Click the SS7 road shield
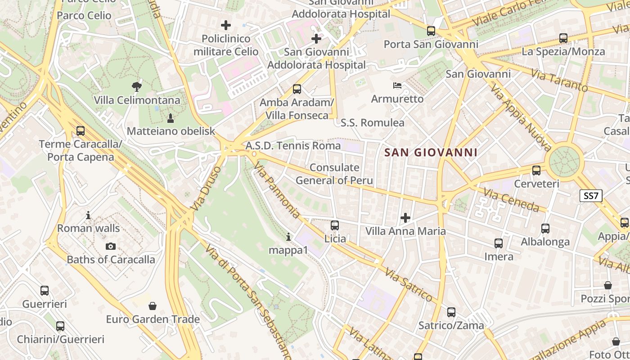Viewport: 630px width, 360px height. point(590,196)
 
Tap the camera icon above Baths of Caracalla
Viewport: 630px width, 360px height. point(111,246)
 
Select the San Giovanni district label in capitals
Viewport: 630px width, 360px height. point(431,153)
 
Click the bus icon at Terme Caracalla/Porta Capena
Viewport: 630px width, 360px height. point(81,131)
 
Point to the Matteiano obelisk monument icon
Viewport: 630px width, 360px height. point(171,118)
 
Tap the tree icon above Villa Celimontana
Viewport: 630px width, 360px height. point(136,86)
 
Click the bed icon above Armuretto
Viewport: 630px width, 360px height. point(397,85)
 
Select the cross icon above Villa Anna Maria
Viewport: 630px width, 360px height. point(405,218)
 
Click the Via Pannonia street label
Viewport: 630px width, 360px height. point(276,191)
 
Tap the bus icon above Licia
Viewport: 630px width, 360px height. point(335,225)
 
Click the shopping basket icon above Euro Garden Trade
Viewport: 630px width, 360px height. point(153,306)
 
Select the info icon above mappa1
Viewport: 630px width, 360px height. point(288,237)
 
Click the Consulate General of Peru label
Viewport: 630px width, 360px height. point(334,174)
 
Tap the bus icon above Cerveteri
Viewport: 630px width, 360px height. point(536,171)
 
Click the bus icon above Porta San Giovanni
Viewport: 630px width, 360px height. point(431,31)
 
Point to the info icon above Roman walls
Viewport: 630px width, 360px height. point(88,216)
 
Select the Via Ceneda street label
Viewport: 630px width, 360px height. point(511,200)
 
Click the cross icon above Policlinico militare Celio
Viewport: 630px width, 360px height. point(226,25)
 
